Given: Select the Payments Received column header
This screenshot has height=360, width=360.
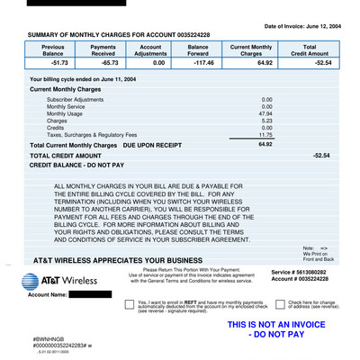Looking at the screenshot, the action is pos(103,50).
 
